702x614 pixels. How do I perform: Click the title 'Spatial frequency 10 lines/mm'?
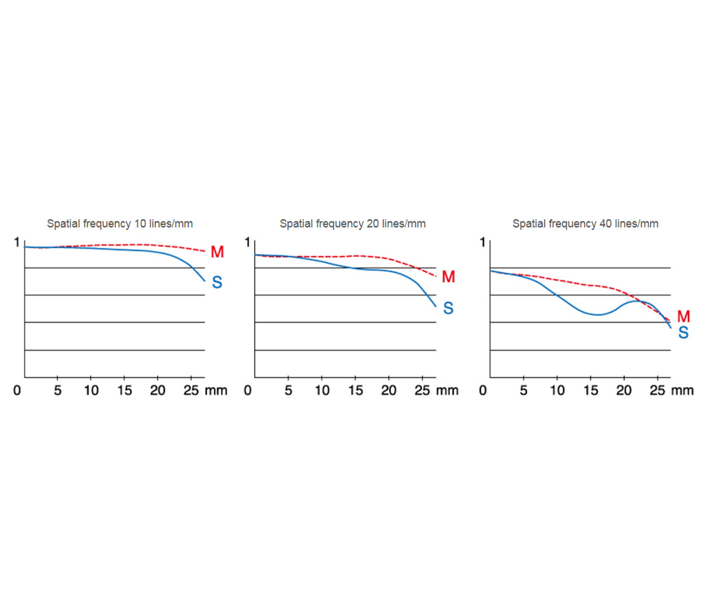click(x=120, y=225)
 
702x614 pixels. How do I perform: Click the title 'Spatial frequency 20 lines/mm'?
click(x=352, y=225)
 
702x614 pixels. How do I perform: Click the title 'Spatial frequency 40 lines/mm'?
click(x=585, y=225)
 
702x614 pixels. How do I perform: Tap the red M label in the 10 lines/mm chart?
click(x=217, y=252)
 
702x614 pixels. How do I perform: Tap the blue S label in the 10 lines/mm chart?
click(x=217, y=283)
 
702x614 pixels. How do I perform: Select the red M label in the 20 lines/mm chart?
click(x=449, y=277)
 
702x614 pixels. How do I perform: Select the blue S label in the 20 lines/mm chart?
click(x=449, y=308)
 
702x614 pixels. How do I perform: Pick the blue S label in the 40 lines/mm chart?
click(x=683, y=333)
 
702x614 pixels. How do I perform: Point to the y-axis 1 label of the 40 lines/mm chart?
click(x=482, y=243)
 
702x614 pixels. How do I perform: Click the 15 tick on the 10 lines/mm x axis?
click(x=124, y=390)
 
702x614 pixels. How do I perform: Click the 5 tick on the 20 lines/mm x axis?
click(x=289, y=390)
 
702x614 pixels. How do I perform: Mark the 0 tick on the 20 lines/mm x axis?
click(x=247, y=390)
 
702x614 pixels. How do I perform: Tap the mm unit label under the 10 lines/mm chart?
click(x=216, y=390)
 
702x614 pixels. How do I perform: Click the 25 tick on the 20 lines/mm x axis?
click(x=422, y=390)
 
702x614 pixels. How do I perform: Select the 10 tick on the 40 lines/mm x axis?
click(x=557, y=390)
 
